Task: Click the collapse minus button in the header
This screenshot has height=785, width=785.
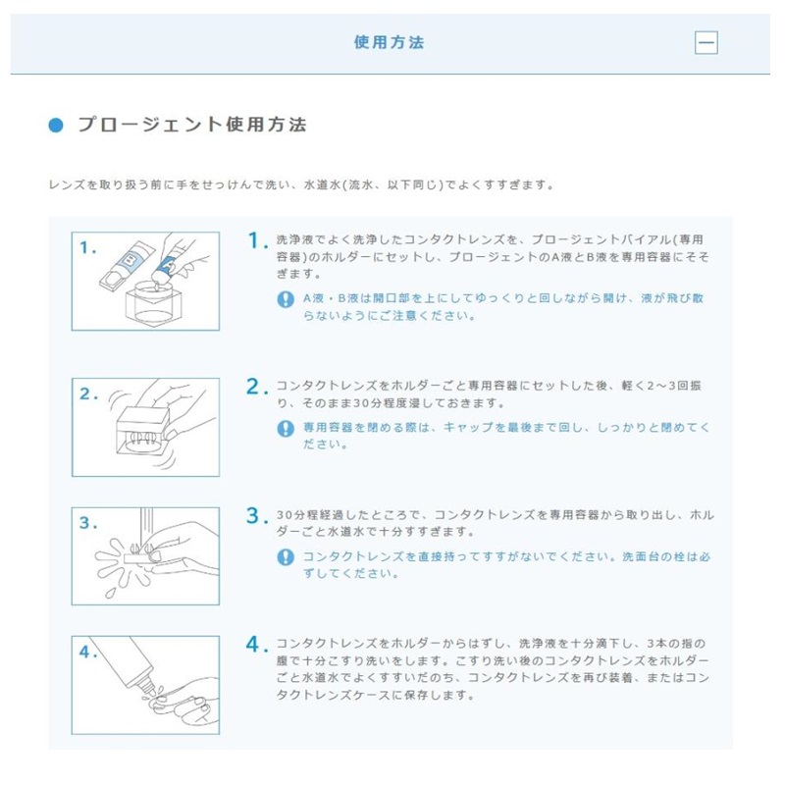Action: click(706, 42)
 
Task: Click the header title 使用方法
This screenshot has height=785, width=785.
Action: click(389, 42)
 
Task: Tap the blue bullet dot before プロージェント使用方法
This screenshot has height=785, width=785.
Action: click(56, 125)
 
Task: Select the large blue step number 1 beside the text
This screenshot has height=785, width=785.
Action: click(255, 240)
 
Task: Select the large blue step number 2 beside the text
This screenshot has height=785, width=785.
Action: click(254, 387)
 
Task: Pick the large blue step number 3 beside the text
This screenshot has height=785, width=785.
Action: click(254, 516)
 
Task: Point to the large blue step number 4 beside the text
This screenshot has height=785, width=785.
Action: click(254, 645)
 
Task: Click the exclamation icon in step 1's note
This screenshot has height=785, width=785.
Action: click(286, 299)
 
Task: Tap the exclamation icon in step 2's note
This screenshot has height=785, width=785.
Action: click(286, 429)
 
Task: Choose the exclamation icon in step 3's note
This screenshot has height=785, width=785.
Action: click(286, 557)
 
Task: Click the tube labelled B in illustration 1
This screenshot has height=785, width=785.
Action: click(128, 265)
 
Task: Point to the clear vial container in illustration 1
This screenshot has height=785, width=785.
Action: click(154, 302)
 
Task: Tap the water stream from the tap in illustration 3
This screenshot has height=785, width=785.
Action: click(146, 527)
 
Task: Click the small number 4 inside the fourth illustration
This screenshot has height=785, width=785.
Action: click(85, 652)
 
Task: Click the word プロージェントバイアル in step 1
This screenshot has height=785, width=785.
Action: click(601, 239)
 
